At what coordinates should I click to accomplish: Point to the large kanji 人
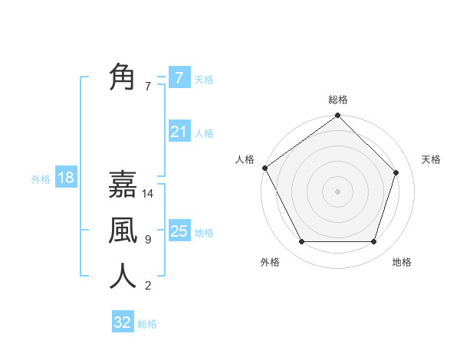(123, 276)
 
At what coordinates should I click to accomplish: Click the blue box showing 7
(179, 78)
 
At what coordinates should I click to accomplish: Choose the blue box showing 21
(179, 132)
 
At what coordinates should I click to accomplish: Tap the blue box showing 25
(179, 231)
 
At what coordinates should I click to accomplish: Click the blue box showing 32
(122, 322)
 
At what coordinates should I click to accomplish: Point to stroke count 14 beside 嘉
(149, 194)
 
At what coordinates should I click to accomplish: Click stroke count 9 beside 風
(148, 240)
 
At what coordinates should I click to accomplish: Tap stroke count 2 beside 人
(148, 286)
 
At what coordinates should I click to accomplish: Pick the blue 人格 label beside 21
(204, 133)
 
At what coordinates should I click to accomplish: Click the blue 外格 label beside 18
(41, 179)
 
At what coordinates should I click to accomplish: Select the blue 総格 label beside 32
(147, 324)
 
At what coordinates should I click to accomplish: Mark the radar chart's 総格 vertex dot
(337, 116)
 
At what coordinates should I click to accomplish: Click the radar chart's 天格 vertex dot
(396, 172)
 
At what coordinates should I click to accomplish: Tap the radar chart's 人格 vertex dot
(265, 168)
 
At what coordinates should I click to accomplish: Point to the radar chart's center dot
(337, 191)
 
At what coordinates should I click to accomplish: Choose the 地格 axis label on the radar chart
(402, 262)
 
